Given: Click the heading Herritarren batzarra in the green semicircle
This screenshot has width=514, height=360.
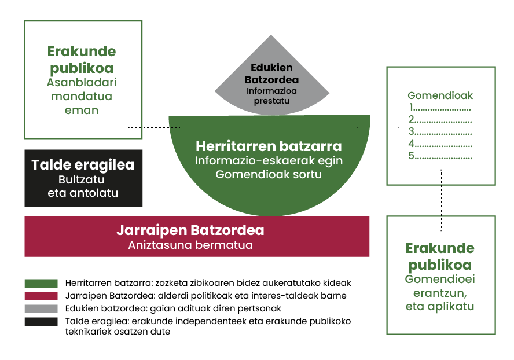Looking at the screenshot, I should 269,146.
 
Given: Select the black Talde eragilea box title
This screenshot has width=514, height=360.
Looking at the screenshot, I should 83,165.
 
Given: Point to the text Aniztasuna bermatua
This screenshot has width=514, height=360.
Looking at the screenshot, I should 190,245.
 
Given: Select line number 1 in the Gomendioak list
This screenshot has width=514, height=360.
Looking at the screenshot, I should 440,108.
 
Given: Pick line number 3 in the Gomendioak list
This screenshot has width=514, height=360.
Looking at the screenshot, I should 440,132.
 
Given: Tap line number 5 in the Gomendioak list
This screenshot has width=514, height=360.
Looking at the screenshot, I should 440,156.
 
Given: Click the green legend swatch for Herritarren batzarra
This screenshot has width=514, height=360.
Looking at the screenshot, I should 41,284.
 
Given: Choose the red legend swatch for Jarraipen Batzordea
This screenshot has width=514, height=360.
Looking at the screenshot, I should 41,296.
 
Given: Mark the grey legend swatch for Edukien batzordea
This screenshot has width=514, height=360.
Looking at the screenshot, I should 41,308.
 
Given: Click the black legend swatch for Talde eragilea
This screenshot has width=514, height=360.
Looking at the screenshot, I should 41,321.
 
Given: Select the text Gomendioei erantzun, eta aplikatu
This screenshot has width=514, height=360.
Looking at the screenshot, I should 440,292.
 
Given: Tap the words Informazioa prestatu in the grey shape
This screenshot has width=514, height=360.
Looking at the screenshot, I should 267,95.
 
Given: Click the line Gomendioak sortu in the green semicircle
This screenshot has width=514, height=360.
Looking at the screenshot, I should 269,174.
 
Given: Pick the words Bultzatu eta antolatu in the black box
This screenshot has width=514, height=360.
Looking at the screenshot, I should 83,186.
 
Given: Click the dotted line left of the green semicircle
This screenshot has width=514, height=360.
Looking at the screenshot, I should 153,127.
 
